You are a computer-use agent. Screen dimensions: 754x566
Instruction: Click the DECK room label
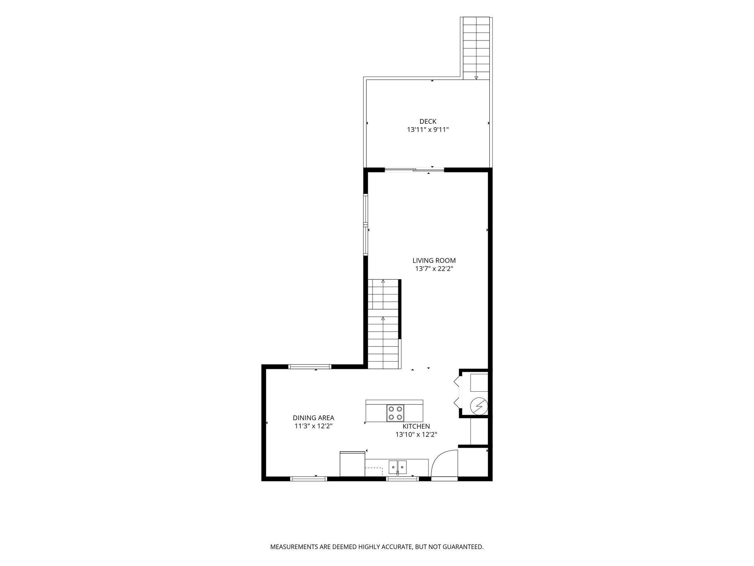[428, 121]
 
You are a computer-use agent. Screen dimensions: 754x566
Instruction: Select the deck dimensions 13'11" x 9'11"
[428, 130]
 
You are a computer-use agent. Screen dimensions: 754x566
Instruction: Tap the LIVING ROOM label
[434, 261]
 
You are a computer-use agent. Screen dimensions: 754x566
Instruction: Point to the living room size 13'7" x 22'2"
[434, 269]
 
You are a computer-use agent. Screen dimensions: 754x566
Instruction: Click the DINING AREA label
[314, 418]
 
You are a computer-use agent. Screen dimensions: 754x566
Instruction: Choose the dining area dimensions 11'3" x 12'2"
[314, 426]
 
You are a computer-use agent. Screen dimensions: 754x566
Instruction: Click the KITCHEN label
[416, 426]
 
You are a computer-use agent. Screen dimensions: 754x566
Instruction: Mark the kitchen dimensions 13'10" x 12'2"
[416, 435]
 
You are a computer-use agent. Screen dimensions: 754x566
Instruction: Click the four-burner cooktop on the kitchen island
[395, 413]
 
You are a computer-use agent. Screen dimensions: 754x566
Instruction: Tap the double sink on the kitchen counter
[397, 467]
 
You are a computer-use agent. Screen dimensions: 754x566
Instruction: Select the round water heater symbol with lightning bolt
[479, 406]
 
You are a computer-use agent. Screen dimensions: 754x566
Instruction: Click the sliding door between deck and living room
[414, 170]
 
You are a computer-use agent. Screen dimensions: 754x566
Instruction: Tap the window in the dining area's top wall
[310, 367]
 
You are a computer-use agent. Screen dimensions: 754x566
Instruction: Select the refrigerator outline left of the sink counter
[352, 464]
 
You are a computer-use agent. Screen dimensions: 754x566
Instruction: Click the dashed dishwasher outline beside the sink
[374, 472]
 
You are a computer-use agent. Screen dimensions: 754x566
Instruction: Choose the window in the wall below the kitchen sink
[402, 479]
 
